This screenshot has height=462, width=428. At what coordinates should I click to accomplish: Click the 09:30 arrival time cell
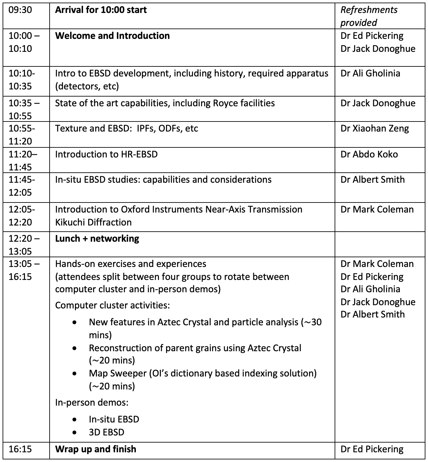(20, 10)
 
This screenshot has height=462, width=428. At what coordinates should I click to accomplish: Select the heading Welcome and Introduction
(112, 36)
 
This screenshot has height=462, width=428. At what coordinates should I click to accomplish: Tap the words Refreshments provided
(369, 16)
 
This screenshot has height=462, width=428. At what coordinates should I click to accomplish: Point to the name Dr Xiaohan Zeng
(374, 129)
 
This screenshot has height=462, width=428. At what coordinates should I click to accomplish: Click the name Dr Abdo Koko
(369, 154)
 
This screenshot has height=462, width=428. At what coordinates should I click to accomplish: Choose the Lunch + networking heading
(97, 239)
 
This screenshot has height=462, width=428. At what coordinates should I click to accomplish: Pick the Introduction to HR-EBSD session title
(106, 154)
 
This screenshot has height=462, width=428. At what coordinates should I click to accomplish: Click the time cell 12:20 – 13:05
(24, 245)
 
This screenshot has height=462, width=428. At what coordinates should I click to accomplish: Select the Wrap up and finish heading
(96, 449)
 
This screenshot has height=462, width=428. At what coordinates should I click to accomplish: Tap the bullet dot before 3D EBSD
(75, 432)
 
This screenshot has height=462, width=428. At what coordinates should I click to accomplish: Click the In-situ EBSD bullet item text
(114, 419)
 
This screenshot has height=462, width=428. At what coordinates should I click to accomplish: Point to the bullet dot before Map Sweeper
(75, 374)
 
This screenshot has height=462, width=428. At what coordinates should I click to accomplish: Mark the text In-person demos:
(92, 403)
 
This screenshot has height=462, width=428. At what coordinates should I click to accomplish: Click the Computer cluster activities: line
(112, 305)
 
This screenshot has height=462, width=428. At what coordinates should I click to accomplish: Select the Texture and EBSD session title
(126, 129)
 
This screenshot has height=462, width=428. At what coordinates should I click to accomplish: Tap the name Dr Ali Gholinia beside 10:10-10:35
(370, 74)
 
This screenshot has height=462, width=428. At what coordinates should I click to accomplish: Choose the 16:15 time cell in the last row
(20, 449)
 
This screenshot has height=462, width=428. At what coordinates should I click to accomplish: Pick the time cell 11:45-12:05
(22, 186)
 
